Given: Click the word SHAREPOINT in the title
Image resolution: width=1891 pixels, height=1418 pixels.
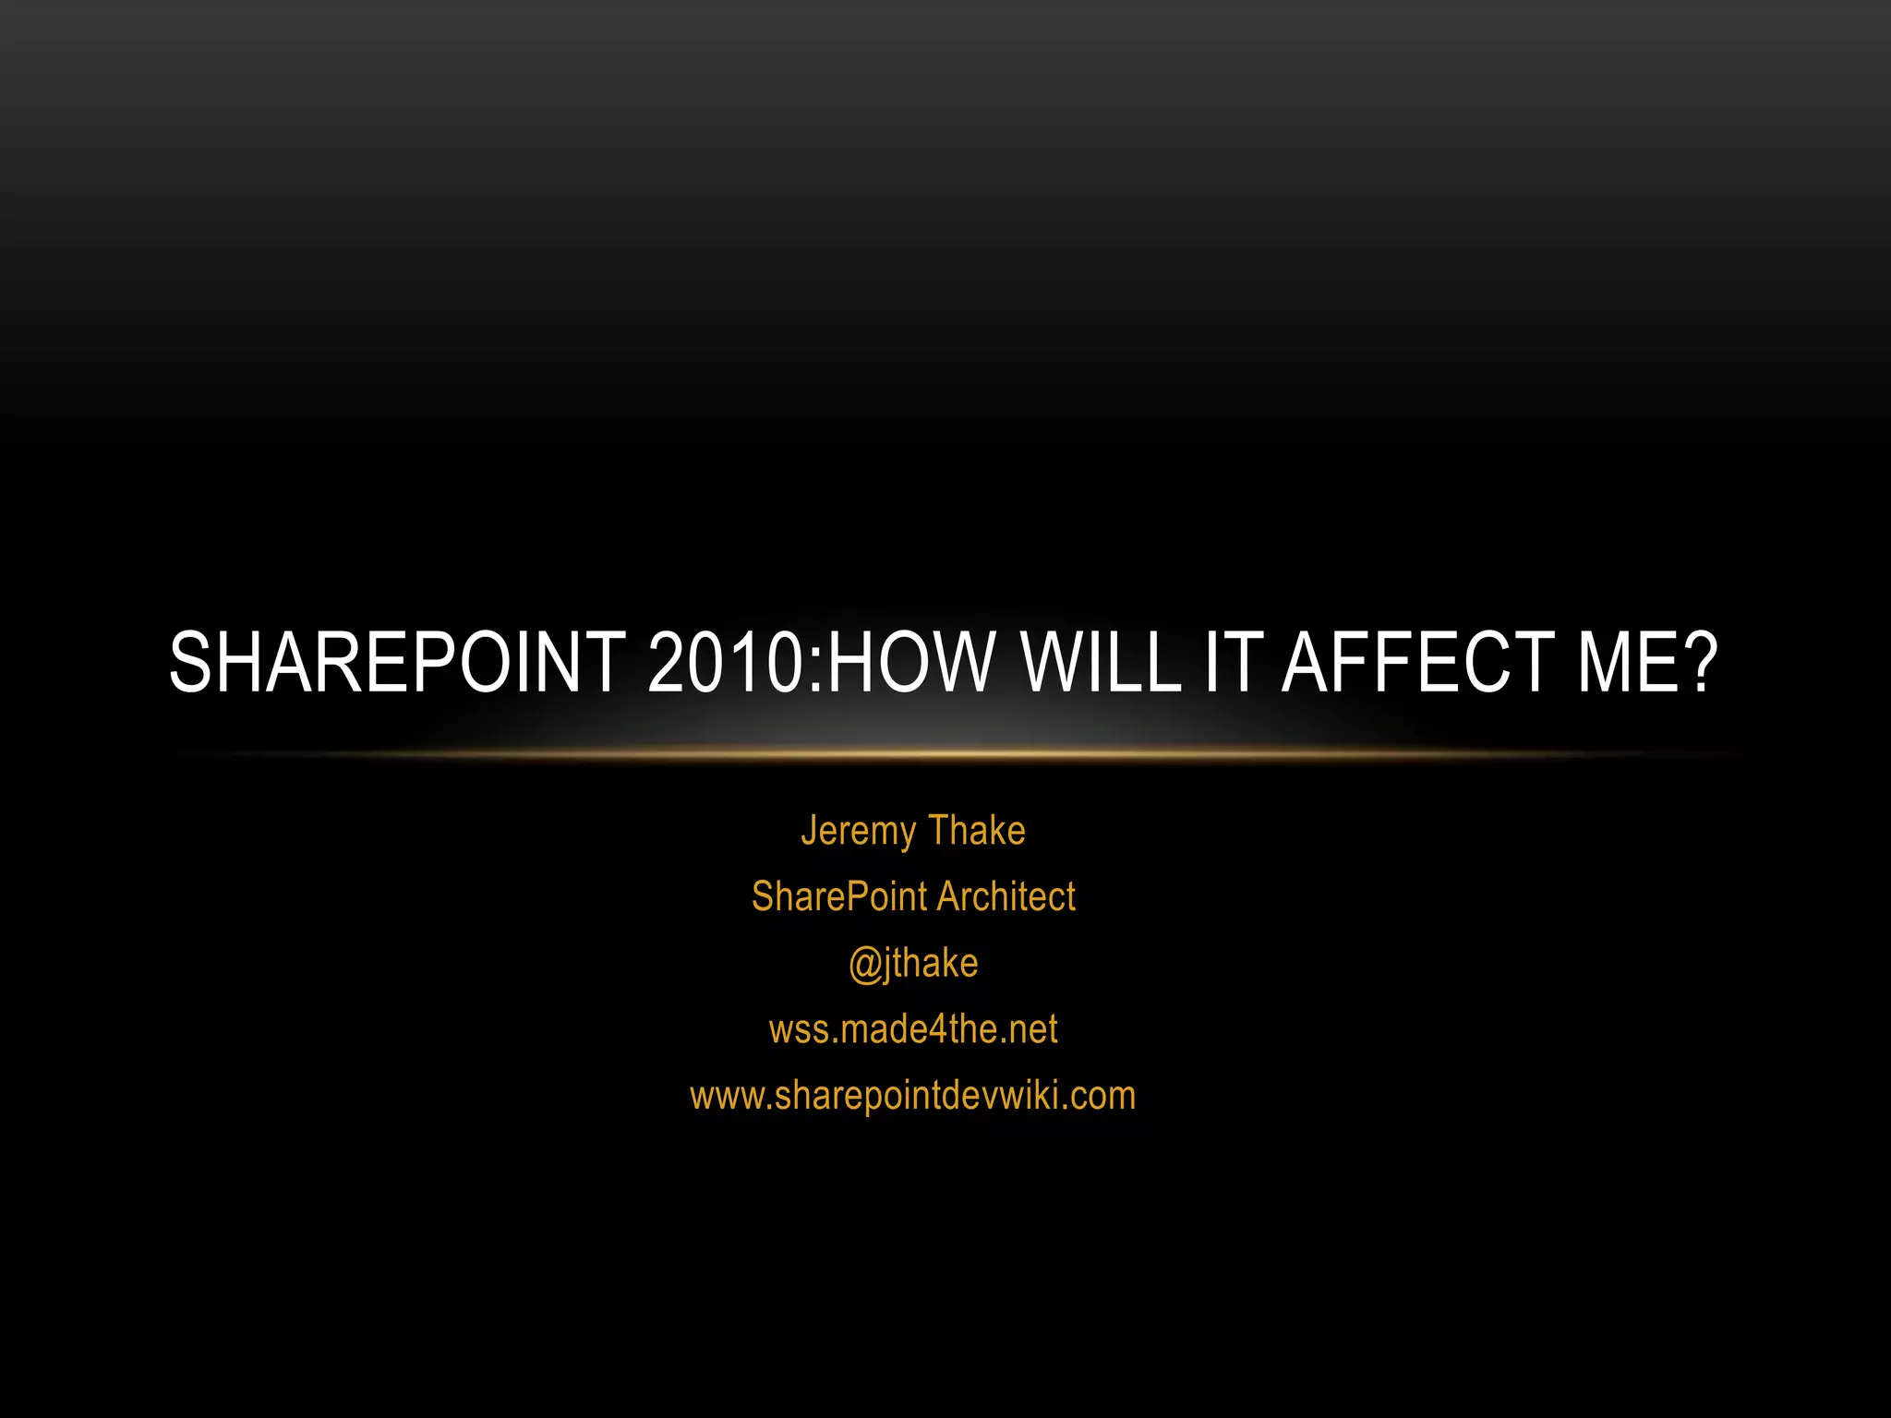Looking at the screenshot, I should tap(397, 662).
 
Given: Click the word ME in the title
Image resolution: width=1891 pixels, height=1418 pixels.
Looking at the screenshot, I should tap(1622, 662).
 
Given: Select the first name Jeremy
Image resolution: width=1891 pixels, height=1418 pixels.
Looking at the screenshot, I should tap(858, 831).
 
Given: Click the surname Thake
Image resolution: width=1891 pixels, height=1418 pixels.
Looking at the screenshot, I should tap(977, 831).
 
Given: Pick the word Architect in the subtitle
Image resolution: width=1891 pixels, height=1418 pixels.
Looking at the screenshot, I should tap(1006, 896).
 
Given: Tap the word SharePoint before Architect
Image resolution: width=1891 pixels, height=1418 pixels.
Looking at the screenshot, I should tap(839, 896).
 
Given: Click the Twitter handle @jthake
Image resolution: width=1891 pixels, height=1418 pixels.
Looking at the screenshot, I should tap(913, 963).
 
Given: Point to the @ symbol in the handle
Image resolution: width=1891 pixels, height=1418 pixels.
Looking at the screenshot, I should tap(865, 965).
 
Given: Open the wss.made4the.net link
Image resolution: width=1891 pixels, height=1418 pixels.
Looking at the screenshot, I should tap(913, 1029).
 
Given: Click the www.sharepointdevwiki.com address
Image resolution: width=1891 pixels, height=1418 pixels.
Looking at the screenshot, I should tap(913, 1096).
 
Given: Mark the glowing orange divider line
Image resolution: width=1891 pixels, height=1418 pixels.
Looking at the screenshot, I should tap(945, 754).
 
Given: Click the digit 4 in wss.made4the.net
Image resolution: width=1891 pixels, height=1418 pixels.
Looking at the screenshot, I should tap(937, 1029).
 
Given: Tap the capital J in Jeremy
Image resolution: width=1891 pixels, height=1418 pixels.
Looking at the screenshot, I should tap(808, 830).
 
